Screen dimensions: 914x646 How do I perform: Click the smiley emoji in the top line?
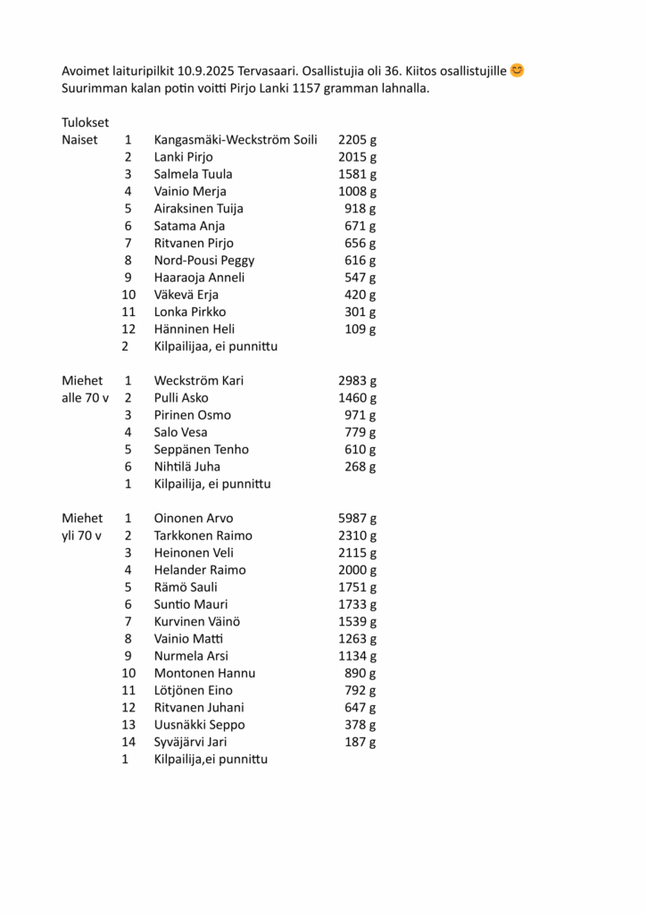click(x=518, y=70)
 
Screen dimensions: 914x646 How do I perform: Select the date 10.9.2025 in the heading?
click(x=207, y=71)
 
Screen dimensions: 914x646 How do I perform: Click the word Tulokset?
click(x=86, y=122)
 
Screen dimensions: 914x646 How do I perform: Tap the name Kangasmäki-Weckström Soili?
click(x=236, y=140)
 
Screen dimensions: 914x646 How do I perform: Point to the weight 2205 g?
click(x=358, y=140)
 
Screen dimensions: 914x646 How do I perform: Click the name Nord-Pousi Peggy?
click(x=204, y=261)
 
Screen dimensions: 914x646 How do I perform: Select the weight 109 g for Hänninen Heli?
click(x=360, y=329)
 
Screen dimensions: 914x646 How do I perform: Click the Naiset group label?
click(x=79, y=140)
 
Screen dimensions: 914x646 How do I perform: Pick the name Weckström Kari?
click(x=199, y=381)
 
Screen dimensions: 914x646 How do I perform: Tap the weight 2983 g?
click(x=358, y=381)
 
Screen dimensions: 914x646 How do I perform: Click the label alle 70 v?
click(x=85, y=398)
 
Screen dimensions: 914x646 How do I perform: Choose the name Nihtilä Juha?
click(x=187, y=467)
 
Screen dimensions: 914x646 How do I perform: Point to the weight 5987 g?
click(x=358, y=519)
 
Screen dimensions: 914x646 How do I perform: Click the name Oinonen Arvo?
click(x=194, y=519)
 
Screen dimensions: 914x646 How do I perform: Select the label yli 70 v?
click(x=82, y=536)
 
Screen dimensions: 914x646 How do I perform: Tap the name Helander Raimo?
click(x=200, y=570)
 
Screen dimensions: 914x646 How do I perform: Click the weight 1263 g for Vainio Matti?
click(x=358, y=639)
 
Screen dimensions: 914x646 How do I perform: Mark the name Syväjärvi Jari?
click(x=191, y=743)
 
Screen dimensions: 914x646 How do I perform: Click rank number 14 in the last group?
click(x=128, y=743)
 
